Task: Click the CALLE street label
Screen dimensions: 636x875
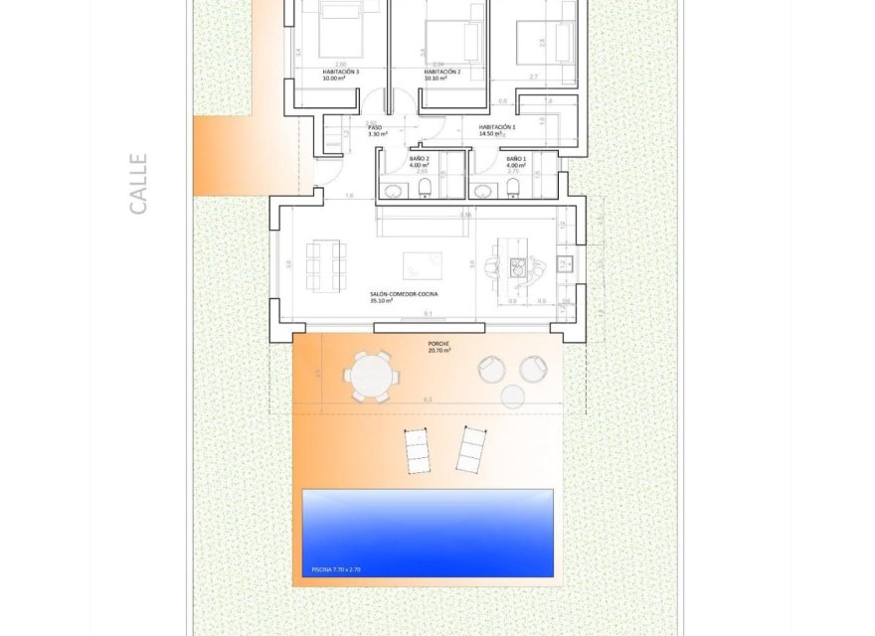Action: (x=138, y=183)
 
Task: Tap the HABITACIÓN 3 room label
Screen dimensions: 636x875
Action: (x=341, y=73)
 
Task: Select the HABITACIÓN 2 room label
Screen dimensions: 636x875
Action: (x=441, y=73)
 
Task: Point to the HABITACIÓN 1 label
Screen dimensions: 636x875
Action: (x=496, y=127)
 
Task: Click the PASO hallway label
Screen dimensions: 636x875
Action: (x=375, y=128)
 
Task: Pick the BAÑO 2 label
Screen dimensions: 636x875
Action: (x=419, y=159)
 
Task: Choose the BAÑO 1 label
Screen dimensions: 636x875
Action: (x=515, y=159)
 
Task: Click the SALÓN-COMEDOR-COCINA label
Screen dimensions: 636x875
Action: (x=405, y=294)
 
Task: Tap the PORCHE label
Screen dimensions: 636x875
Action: (x=438, y=344)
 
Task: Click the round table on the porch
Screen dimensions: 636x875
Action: (x=372, y=378)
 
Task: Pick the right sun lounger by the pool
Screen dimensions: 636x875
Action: (x=469, y=448)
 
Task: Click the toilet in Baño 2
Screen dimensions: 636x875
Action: (x=425, y=188)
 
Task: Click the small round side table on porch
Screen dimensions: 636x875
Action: (x=512, y=397)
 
